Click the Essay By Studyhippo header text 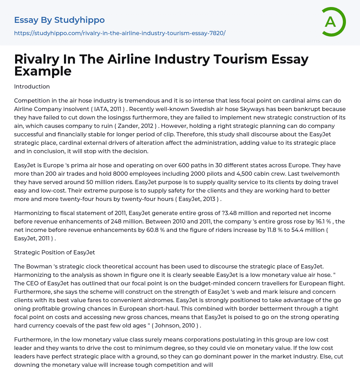[59, 20]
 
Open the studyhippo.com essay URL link [120, 33]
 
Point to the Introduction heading [32, 86]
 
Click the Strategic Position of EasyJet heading [54, 252]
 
